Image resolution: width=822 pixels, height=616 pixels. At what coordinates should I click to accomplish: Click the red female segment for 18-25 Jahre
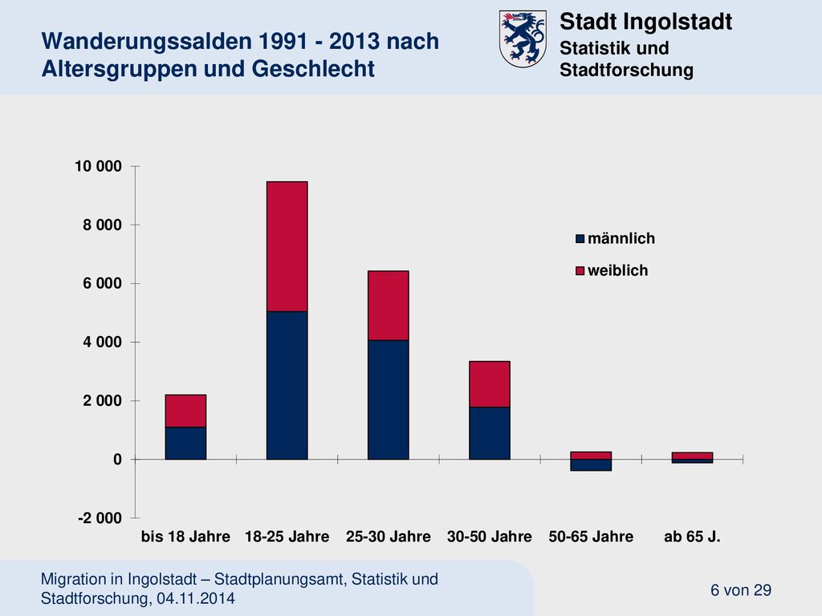click(287, 247)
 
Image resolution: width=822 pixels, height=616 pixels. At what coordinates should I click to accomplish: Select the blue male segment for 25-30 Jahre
click(388, 399)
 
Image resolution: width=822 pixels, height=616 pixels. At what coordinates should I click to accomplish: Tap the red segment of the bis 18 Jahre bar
click(185, 411)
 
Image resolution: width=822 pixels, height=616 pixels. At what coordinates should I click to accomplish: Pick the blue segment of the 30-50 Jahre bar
click(490, 433)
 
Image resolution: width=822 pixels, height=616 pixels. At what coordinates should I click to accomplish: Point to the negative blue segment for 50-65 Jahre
click(591, 465)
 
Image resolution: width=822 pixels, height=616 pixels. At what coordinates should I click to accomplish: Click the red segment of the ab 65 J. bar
click(692, 456)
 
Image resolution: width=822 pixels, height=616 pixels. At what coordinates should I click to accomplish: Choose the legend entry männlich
click(616, 238)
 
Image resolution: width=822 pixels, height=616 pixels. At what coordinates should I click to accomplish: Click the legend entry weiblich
click(612, 270)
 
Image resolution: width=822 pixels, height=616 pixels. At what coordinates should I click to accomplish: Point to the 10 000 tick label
click(98, 166)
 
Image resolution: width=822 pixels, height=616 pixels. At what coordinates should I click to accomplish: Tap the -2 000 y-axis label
click(100, 518)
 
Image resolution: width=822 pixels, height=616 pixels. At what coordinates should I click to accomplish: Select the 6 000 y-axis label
click(102, 283)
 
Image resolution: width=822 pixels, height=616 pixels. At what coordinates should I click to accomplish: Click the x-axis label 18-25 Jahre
click(287, 537)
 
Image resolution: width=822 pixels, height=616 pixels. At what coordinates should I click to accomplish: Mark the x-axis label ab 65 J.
click(692, 537)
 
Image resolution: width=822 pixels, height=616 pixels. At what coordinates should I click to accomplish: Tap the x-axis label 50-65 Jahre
click(591, 537)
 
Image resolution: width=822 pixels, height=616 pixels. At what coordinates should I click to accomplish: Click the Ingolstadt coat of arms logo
click(523, 38)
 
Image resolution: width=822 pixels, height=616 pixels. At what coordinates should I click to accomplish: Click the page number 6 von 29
click(741, 590)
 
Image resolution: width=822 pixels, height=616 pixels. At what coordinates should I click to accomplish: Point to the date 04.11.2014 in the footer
click(196, 598)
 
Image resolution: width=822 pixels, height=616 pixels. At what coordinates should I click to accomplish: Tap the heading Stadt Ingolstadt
click(646, 22)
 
